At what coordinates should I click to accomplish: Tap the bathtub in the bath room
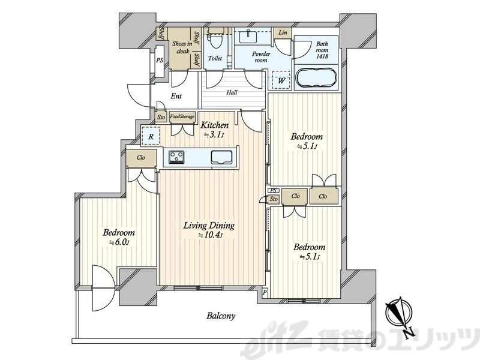pos(316,77)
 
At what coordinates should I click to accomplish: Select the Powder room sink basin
pos(248,37)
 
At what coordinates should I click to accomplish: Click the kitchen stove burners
pos(176,157)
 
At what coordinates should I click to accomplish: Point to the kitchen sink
pos(223,157)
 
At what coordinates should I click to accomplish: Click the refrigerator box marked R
pos(151,136)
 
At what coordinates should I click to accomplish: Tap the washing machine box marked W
pos(281,80)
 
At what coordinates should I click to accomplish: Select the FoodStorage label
pos(182,116)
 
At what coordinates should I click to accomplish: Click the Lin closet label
pos(283,32)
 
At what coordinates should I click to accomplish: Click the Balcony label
pos(221,316)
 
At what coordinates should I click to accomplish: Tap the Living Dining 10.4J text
pos(209,230)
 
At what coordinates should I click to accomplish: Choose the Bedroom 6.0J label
pos(119,237)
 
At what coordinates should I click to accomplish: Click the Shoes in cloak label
pos(182,47)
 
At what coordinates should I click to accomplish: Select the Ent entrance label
pos(176,96)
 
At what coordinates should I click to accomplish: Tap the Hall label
pos(232,92)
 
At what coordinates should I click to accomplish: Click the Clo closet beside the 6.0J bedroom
pos(141,158)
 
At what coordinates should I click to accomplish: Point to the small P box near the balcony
pos(265,293)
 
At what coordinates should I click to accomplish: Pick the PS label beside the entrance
pos(160,61)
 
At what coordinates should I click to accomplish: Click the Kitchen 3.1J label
pos(215,130)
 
